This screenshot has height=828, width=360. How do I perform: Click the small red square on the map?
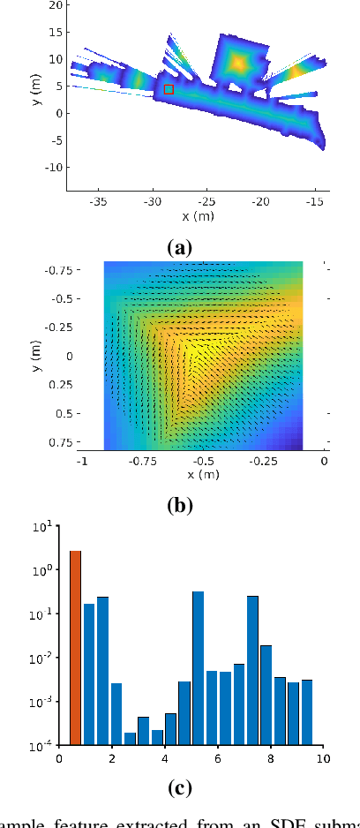click(x=169, y=89)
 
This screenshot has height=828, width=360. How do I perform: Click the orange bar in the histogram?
click(x=75, y=648)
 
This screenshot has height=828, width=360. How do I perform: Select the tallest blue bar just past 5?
click(x=199, y=668)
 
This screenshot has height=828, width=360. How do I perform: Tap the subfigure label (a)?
click(x=179, y=248)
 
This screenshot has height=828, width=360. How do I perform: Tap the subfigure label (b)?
click(x=179, y=506)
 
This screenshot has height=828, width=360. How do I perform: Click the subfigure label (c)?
click(x=179, y=785)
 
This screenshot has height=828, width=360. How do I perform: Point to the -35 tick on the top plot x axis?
click(x=98, y=202)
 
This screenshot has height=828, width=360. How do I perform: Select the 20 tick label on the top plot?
click(x=56, y=5)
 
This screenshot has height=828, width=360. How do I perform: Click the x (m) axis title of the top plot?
click(x=198, y=216)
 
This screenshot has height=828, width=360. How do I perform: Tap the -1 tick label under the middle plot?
click(x=82, y=460)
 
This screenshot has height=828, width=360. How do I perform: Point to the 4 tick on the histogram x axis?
click(x=164, y=758)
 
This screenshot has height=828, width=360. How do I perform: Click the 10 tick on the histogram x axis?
click(x=323, y=758)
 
